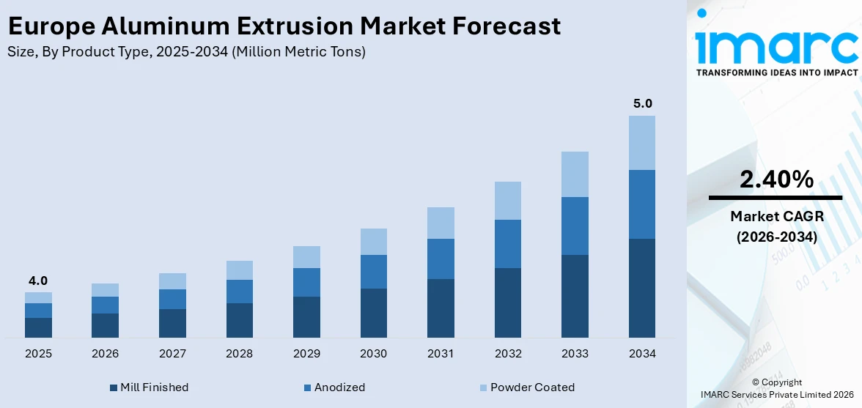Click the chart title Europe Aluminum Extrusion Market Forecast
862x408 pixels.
tap(284, 26)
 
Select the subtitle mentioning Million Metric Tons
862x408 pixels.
tap(186, 51)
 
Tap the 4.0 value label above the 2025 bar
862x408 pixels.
tap(38, 281)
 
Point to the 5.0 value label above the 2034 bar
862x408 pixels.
tap(642, 103)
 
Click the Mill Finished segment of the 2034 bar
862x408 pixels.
tap(642, 288)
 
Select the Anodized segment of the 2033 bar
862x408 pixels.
tap(575, 226)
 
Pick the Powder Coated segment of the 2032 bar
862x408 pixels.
tap(508, 201)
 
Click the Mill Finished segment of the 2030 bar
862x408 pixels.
tap(373, 313)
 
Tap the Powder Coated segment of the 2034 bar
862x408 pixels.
tap(642, 143)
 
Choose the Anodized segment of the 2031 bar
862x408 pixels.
tap(441, 259)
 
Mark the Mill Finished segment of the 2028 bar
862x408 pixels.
tap(239, 320)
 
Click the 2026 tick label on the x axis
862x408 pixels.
tap(106, 354)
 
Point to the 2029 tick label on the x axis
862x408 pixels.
tap(306, 354)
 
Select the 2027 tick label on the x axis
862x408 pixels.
tap(172, 354)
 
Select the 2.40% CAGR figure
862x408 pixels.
tap(776, 179)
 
